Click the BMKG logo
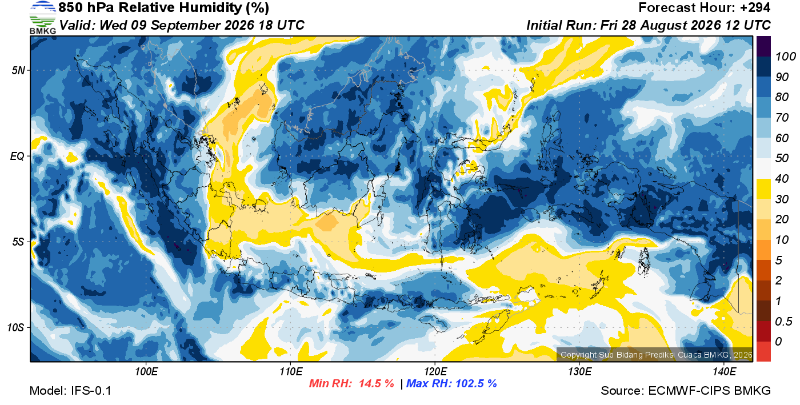tap(43, 18)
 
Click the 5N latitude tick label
tap(18, 70)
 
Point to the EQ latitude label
tap(18, 156)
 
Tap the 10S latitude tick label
tap(16, 327)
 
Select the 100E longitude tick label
tap(146, 371)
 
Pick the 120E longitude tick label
tap(435, 371)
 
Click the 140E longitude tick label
tap(725, 371)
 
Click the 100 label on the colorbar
tap(785, 57)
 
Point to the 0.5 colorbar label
tap(783, 322)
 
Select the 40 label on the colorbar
tap(782, 179)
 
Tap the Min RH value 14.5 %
tap(377, 383)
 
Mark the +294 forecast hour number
tap(755, 7)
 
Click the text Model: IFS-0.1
tap(70, 391)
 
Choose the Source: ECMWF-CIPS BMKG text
tap(686, 391)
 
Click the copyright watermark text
tap(657, 355)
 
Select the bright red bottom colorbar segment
tap(763, 351)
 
